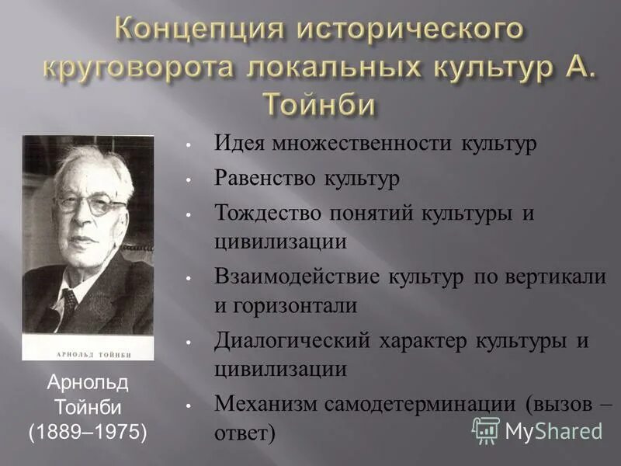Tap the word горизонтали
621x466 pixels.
293,305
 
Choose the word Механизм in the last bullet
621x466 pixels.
262,403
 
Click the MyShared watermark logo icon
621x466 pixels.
486,429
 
